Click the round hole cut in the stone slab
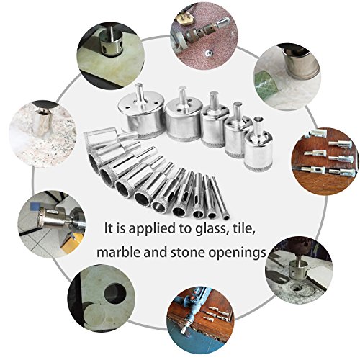coord(115,293)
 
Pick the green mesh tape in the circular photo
coord(266,81)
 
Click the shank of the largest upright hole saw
coord(139,94)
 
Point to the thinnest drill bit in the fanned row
coord(220,199)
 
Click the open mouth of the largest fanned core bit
coord(94,163)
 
